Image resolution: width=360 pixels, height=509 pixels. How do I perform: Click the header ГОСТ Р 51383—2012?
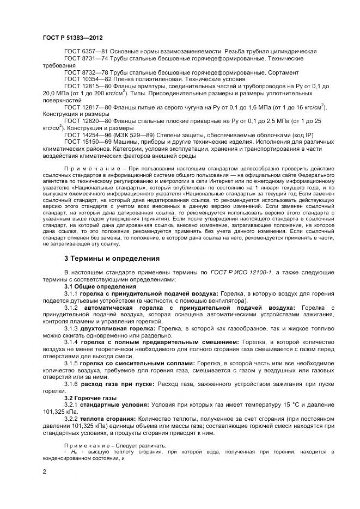[x=69, y=37]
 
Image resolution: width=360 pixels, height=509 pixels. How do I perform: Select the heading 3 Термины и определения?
[x=112, y=258]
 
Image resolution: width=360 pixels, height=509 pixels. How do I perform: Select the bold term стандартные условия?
[x=118, y=406]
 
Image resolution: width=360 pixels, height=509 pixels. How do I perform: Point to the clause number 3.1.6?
[x=72, y=384]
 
